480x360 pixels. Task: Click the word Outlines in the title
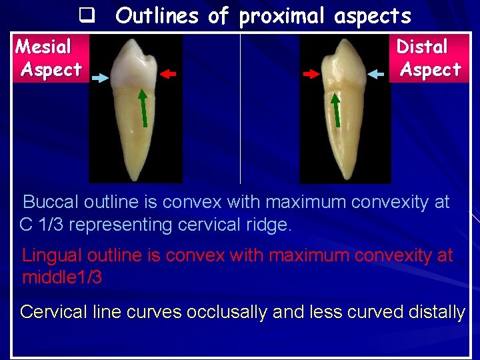pyautogui.click(x=157, y=16)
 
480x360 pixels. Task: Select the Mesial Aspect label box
pyautogui.click(x=48, y=58)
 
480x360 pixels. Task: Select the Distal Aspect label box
pyautogui.click(x=429, y=58)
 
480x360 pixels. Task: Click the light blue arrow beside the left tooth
pyautogui.click(x=100, y=78)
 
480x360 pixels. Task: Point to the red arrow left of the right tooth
pyautogui.click(x=311, y=75)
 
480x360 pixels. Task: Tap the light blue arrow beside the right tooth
pyautogui.click(x=379, y=74)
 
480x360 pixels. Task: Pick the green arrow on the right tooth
pyautogui.click(x=336, y=109)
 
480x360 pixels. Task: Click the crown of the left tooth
pyautogui.click(x=135, y=64)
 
